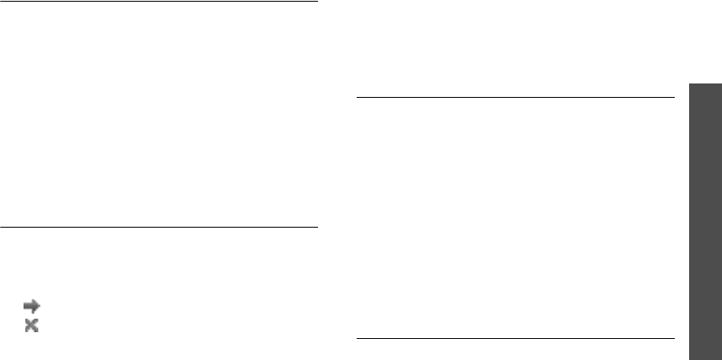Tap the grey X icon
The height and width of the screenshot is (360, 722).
[32, 326]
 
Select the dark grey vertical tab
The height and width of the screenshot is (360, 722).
[705, 220]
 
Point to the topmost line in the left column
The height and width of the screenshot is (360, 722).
[159, 3]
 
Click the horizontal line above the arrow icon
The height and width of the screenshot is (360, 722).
[159, 227]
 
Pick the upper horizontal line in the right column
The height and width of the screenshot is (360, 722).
[515, 98]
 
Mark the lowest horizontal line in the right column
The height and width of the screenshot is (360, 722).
[515, 339]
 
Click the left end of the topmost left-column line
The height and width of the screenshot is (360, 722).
[1, 3]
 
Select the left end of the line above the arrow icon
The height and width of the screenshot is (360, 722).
[1, 227]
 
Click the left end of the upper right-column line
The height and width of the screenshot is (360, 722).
[357, 98]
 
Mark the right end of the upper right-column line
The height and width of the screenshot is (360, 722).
[675, 98]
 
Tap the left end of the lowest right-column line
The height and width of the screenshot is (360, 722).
[357, 339]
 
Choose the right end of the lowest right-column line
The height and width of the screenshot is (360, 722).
[675, 339]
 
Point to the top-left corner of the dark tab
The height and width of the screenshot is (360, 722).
[689, 82]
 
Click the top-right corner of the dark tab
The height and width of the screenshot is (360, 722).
[721, 82]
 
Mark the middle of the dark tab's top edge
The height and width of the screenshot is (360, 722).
[705, 82]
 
